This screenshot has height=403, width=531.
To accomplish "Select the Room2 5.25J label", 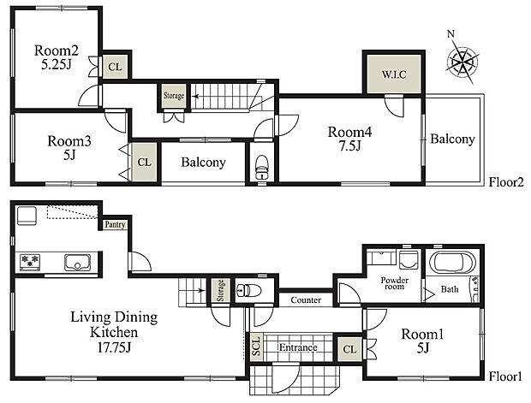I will pyautogui.click(x=57, y=56).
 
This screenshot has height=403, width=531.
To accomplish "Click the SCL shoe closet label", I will pyautogui.click(x=256, y=347).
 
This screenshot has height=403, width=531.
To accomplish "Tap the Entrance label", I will pyautogui.click(x=297, y=347).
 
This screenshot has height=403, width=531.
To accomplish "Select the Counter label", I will pyautogui.click(x=306, y=300).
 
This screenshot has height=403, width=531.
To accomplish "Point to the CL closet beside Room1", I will pyautogui.click(x=349, y=348).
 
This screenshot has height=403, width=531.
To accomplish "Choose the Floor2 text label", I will pyautogui.click(x=505, y=182).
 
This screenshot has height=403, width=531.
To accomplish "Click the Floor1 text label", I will pyautogui.click(x=505, y=376).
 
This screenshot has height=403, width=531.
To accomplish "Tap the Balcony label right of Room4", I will pyautogui.click(x=452, y=139).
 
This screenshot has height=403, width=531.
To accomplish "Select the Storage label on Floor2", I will pyautogui.click(x=174, y=96).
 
